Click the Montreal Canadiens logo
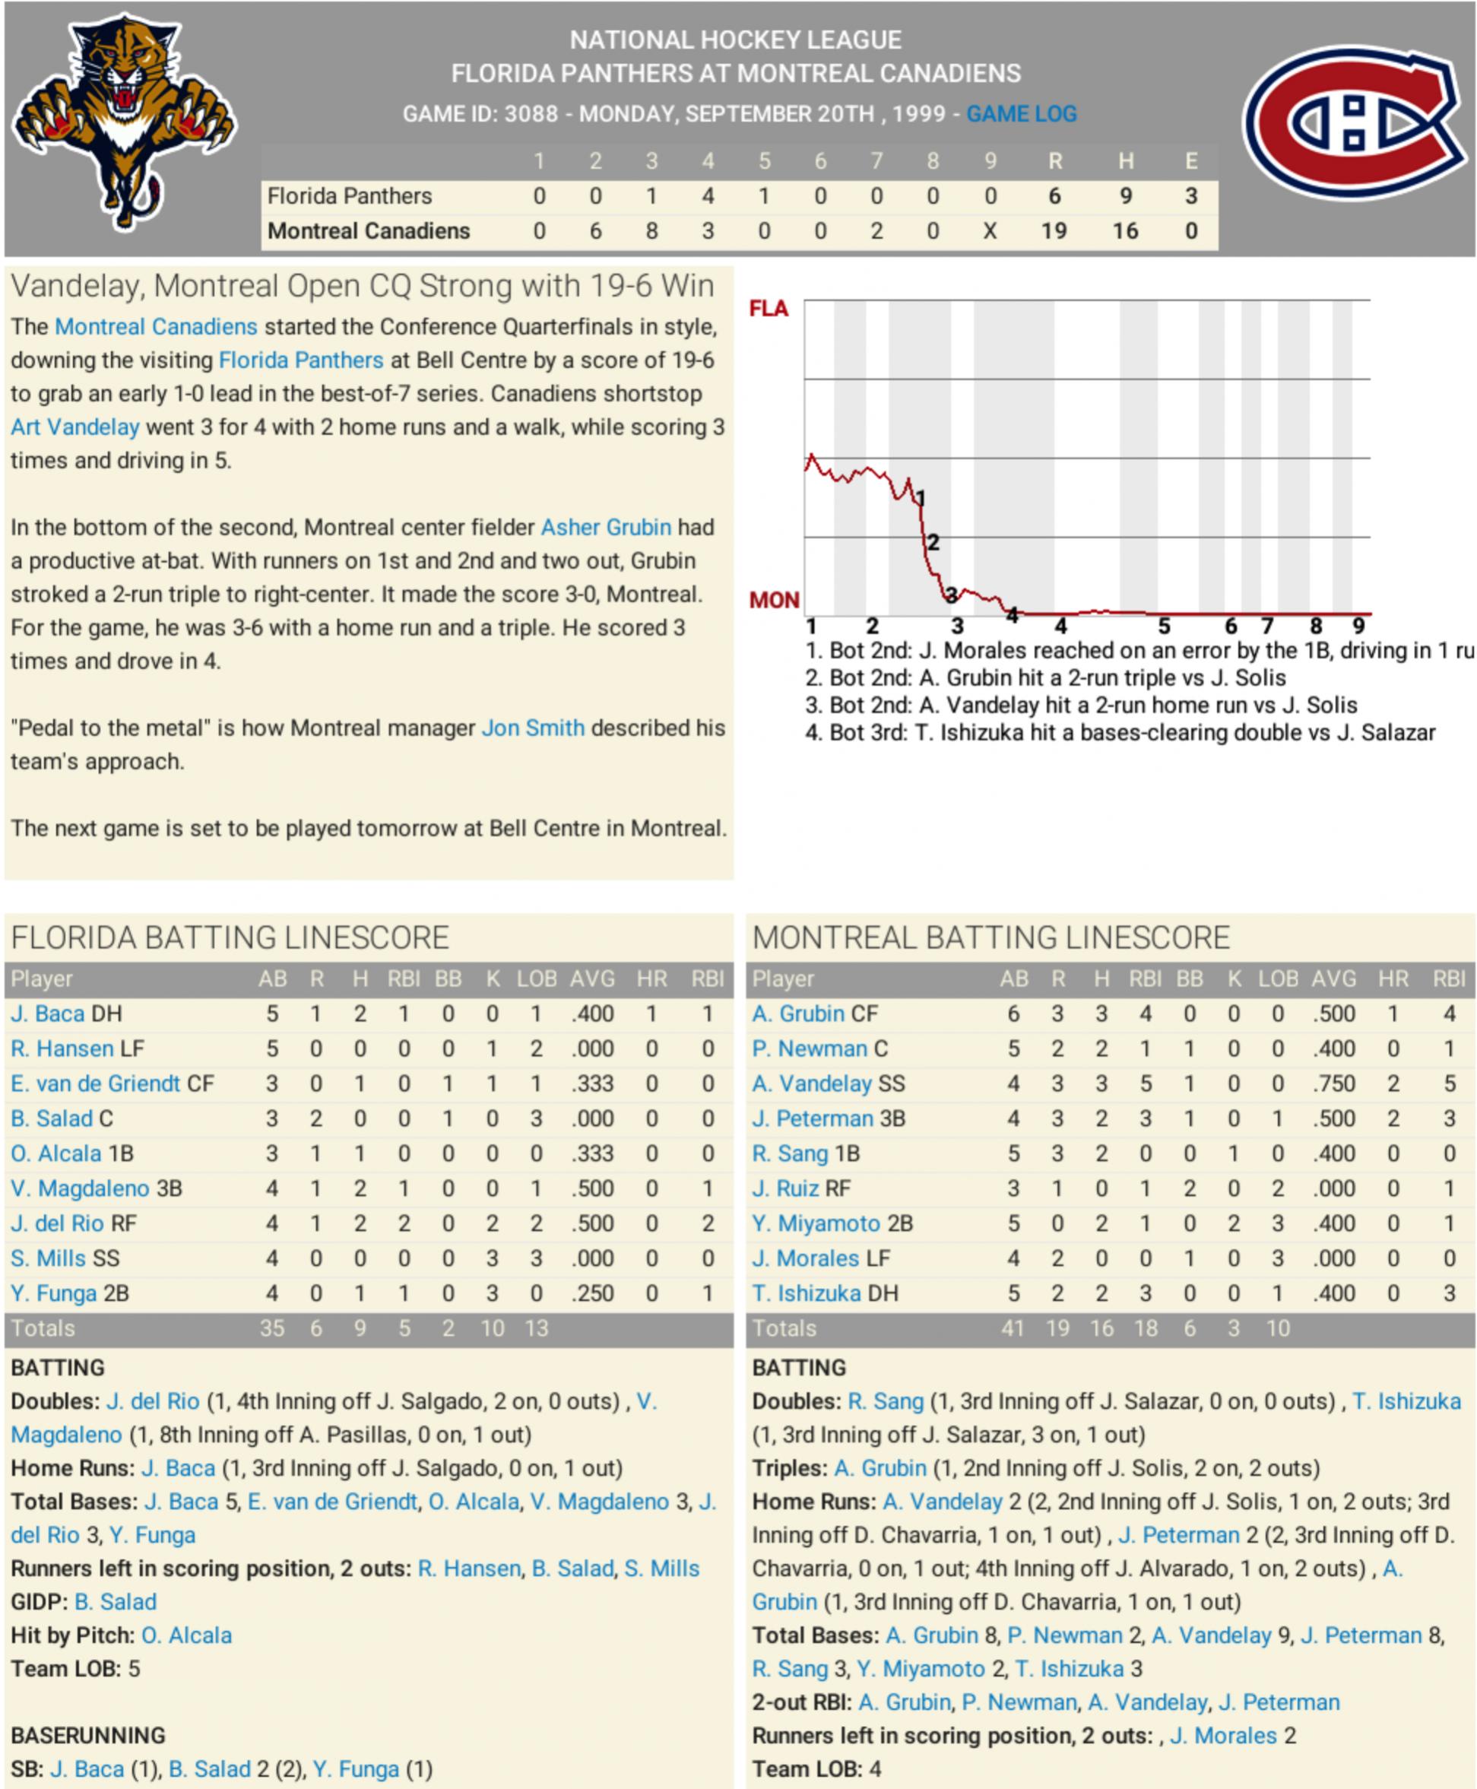(1355, 121)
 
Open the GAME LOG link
(1021, 114)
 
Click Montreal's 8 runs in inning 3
(651, 231)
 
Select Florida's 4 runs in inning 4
(708, 197)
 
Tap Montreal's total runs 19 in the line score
(1054, 231)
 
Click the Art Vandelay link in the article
(74, 427)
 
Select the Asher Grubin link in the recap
(606, 528)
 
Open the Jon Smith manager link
(533, 728)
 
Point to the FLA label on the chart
(769, 309)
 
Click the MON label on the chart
(773, 601)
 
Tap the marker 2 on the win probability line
(933, 542)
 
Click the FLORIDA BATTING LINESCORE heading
(230, 938)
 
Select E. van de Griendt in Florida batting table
(95, 1083)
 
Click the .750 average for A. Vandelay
(1333, 1083)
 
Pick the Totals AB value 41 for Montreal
(1013, 1328)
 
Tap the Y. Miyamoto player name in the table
(815, 1224)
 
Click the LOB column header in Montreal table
(1278, 979)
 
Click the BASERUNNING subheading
(87, 1734)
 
